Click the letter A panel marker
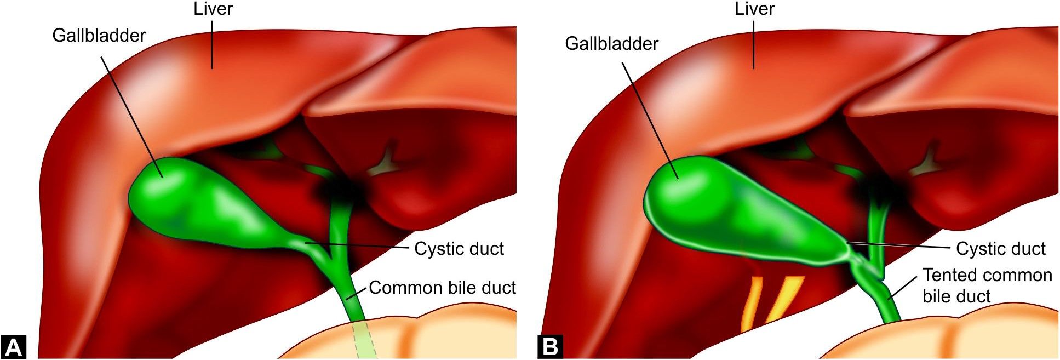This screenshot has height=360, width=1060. [x=14, y=346]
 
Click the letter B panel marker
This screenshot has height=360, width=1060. [x=550, y=346]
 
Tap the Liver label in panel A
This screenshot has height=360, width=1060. [x=213, y=9]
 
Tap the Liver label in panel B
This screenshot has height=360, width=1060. [x=754, y=9]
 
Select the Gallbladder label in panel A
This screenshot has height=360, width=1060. [x=99, y=36]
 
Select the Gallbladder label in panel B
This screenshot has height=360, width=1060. [x=611, y=43]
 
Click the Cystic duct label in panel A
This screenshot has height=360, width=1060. [x=459, y=249]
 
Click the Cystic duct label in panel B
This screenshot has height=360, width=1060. [x=1001, y=249]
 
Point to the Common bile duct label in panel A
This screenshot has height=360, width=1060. [x=442, y=288]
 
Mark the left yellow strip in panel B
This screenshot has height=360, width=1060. [x=751, y=304]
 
